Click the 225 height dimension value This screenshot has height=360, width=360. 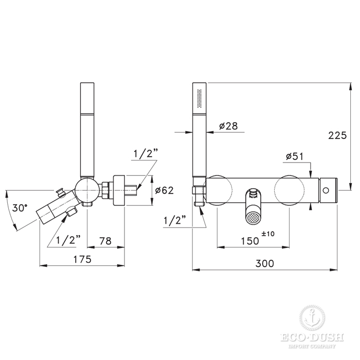(337, 135)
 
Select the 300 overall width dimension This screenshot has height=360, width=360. (265, 263)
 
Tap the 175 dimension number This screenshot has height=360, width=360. (82, 259)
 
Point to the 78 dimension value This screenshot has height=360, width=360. (105, 241)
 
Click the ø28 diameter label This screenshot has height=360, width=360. (228, 126)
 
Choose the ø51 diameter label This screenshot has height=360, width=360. (295, 156)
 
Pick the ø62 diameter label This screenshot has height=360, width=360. (165, 190)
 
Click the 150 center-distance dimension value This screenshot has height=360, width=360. (250, 241)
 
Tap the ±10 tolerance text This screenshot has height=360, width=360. (268, 234)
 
